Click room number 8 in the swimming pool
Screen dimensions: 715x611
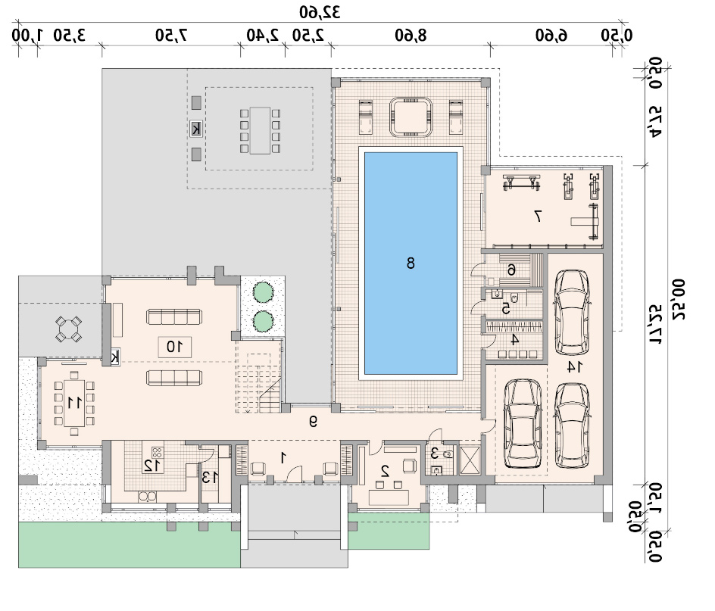coord(411,263)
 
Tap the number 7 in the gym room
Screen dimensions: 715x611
coord(538,216)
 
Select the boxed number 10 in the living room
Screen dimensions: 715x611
coord(175,347)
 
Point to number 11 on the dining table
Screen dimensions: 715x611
coord(74,403)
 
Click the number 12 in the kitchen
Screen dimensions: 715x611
coord(151,465)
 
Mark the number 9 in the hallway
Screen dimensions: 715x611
coord(313,422)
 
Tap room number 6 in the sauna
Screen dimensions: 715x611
coord(511,270)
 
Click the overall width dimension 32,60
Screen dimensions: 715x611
coord(320,12)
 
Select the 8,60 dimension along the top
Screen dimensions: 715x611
coord(411,35)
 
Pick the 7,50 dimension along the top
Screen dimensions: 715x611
coord(171,35)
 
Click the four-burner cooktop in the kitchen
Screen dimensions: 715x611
coord(157,453)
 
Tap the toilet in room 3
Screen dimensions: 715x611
coord(448,454)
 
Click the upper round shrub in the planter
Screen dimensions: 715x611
coord(263,291)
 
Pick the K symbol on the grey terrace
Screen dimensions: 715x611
coord(196,129)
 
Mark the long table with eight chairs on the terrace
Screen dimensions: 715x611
coord(260,130)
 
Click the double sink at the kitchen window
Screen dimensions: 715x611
coord(147,496)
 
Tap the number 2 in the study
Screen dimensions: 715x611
coord(385,471)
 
